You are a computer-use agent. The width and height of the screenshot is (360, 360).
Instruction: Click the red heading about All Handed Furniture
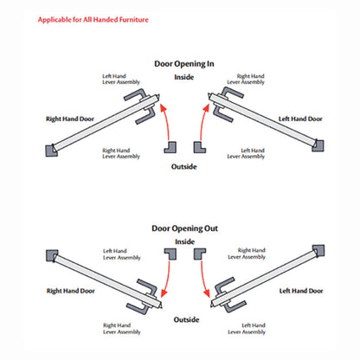[93, 20]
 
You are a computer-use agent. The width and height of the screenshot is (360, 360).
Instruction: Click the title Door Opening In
[184, 64]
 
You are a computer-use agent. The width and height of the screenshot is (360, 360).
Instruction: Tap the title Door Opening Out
[184, 228]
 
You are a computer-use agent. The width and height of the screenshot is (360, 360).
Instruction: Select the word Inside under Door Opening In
[183, 77]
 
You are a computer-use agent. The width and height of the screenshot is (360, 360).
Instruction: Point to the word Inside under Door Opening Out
[184, 241]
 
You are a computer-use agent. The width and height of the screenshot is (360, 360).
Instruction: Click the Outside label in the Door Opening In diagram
[183, 167]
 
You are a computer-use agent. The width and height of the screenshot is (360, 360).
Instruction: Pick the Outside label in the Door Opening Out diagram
[186, 319]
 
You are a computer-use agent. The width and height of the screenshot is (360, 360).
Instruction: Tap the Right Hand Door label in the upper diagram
[70, 119]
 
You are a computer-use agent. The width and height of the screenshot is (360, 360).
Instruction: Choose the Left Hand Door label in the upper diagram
[300, 119]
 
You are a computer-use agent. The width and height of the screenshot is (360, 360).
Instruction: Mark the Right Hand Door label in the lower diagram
[71, 291]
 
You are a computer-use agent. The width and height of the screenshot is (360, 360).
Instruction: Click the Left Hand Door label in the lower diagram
[301, 291]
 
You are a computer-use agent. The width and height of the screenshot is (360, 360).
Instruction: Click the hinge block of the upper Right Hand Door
[51, 151]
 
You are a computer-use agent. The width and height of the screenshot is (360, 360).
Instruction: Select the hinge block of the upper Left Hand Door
[318, 145]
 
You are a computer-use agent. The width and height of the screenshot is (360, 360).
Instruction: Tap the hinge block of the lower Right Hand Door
[52, 255]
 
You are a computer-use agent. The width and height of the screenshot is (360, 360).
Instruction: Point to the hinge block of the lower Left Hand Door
[318, 251]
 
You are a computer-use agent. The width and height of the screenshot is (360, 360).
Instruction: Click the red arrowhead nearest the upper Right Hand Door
[164, 108]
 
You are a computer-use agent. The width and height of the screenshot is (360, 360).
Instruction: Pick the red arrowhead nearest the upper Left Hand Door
[206, 108]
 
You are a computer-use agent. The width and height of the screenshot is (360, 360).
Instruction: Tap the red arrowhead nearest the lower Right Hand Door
[164, 293]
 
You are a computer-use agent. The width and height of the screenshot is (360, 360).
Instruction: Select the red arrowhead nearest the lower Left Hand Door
[207, 293]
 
